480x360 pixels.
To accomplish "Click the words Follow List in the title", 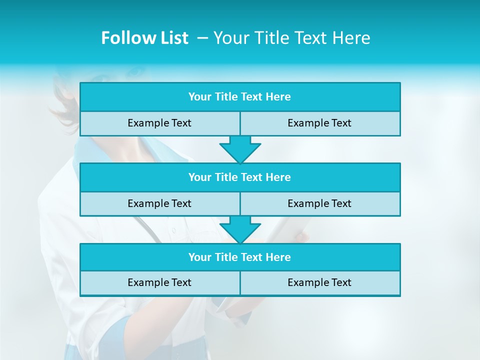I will coord(144,38).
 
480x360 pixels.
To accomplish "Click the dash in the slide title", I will coord(203,38).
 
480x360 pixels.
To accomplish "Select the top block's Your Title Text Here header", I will coord(239,97).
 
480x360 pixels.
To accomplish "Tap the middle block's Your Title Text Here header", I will coord(239,177).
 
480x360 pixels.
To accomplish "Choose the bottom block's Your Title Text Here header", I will coord(239,257).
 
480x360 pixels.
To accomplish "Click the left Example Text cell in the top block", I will coord(159,123).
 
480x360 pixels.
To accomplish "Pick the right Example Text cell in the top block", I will coord(319,123).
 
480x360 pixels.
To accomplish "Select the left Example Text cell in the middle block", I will coord(159,203).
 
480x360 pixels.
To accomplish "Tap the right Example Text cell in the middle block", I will coord(319,203).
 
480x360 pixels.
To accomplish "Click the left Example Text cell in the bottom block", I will coord(159,282).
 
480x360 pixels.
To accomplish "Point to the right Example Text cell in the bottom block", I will coord(319,282).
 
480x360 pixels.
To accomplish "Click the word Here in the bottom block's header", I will coord(278,257).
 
